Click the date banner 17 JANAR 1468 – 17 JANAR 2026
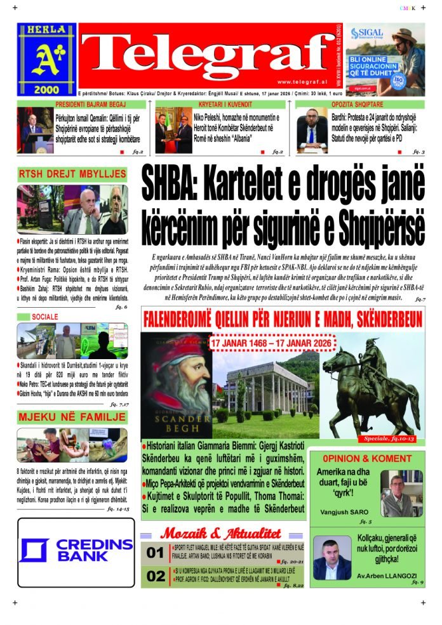point(272,343)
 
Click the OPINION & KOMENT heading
point(367,458)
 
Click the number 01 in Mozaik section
point(155,553)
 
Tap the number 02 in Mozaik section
point(155,576)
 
